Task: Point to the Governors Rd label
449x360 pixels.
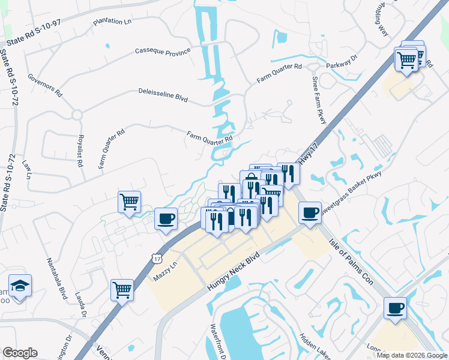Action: coord(45,85)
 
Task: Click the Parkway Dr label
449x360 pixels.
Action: coord(342,62)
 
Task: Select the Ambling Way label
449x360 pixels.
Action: coord(382,22)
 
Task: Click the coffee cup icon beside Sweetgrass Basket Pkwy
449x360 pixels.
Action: coord(310,213)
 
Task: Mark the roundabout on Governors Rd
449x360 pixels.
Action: coord(77,114)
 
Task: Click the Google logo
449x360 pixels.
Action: coord(20,353)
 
